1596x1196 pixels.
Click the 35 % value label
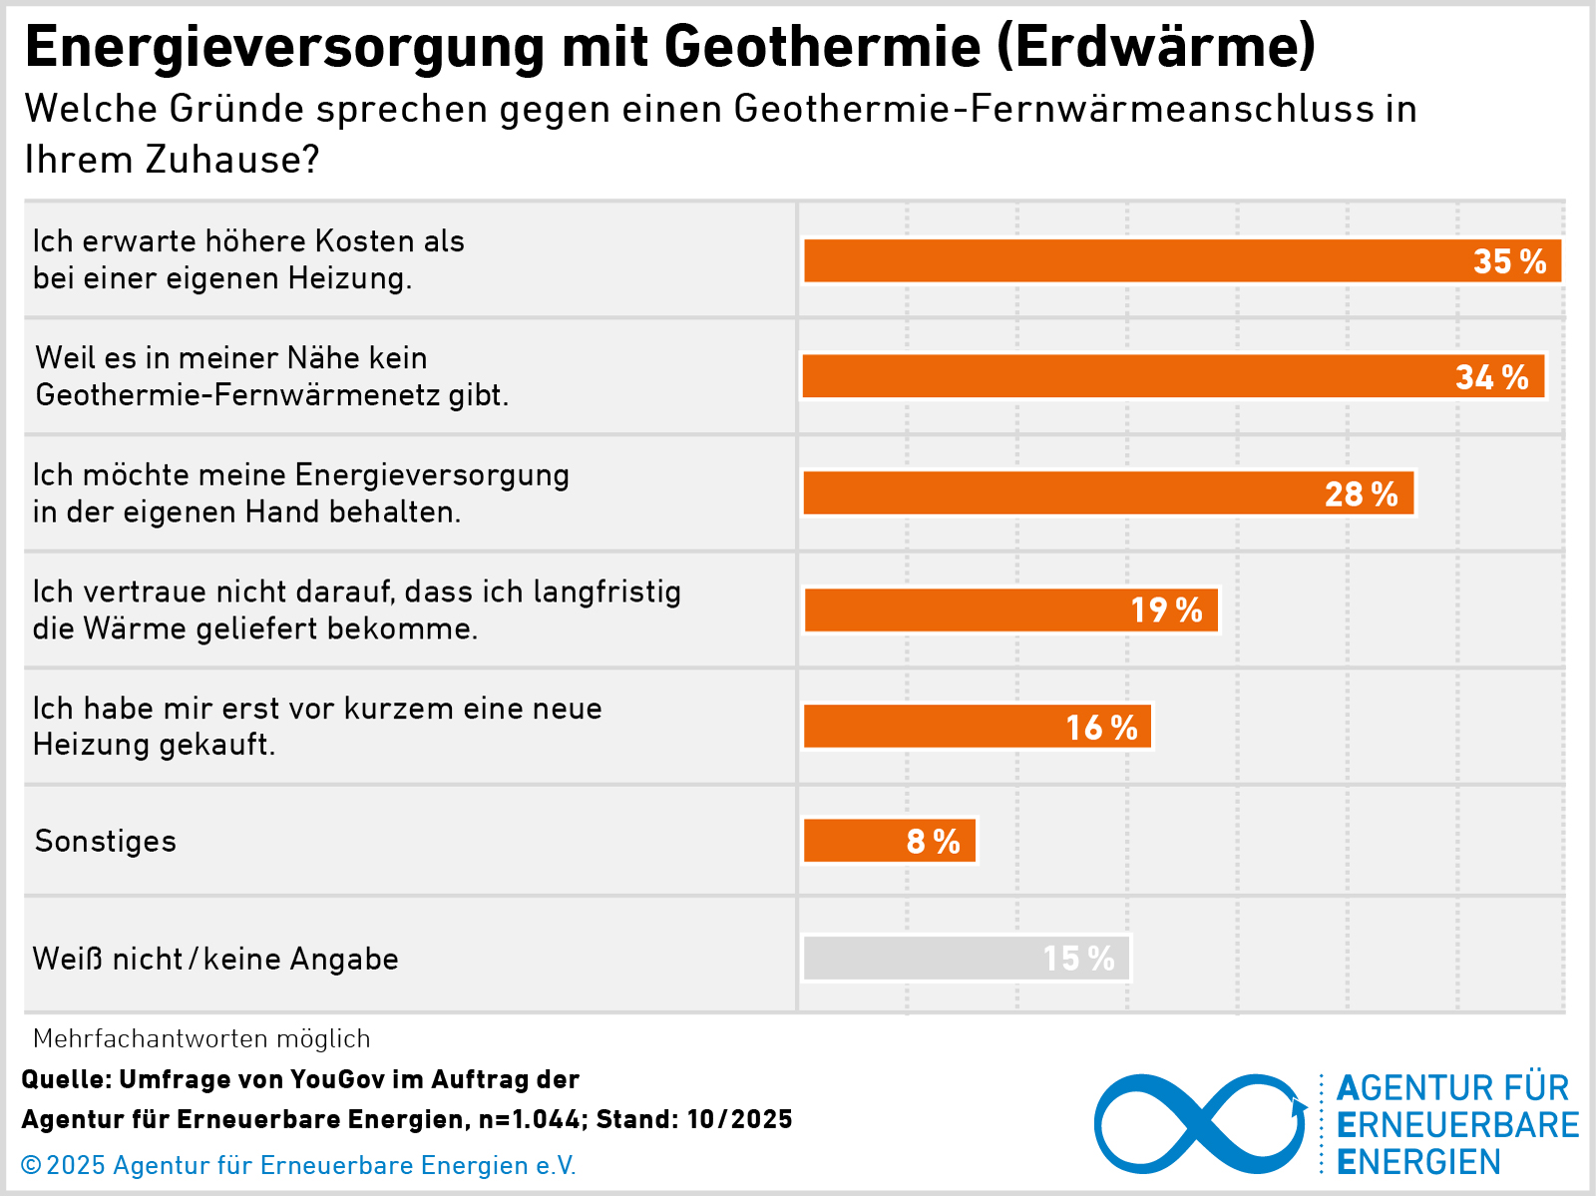[x=1509, y=261]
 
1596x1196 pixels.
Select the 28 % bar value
[x=1361, y=494]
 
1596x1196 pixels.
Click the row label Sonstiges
[x=106, y=841]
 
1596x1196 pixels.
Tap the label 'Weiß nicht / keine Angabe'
[x=215, y=959]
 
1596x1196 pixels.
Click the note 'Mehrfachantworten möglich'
[x=201, y=1038]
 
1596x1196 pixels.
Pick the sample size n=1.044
[x=529, y=1119]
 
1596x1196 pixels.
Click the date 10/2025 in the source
[x=739, y=1119]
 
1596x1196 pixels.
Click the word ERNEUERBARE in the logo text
[x=1457, y=1124]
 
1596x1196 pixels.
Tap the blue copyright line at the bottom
[x=298, y=1165]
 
